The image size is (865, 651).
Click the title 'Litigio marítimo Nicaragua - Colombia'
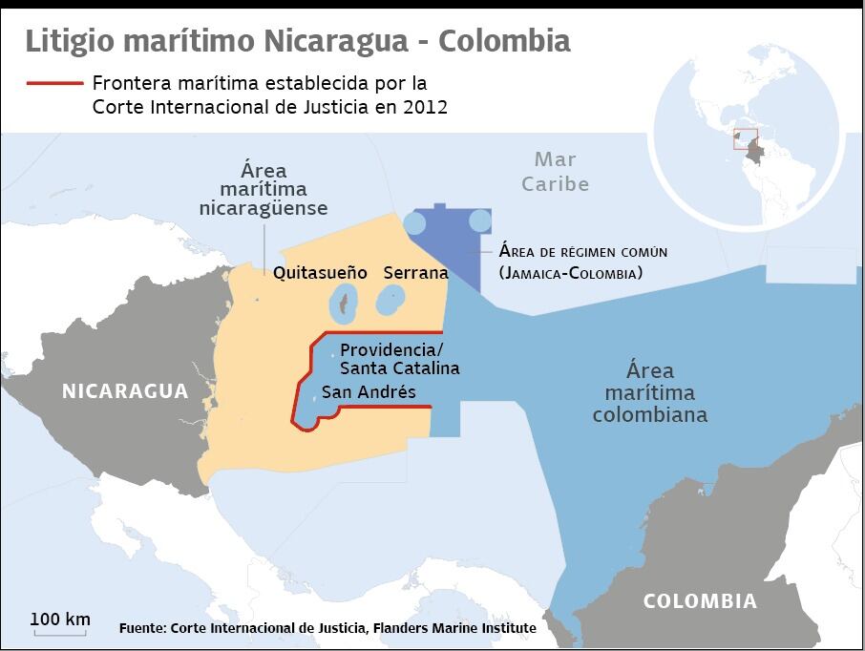coord(298,42)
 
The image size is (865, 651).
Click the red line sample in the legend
coord(55,84)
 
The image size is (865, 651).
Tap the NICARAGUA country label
coord(125,391)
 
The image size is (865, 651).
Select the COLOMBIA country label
coord(700,601)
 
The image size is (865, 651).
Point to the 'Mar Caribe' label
coord(555,172)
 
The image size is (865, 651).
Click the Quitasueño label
coord(320,273)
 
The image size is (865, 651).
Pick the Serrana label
coord(415,273)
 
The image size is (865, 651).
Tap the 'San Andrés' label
coord(369,391)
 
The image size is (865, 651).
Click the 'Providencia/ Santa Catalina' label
coord(399,358)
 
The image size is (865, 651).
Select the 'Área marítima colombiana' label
coord(650,392)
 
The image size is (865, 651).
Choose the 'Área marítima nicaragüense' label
coord(264,189)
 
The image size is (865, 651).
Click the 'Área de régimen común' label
coord(582,252)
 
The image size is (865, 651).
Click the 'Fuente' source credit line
coord(327,628)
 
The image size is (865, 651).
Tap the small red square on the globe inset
coord(745,139)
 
